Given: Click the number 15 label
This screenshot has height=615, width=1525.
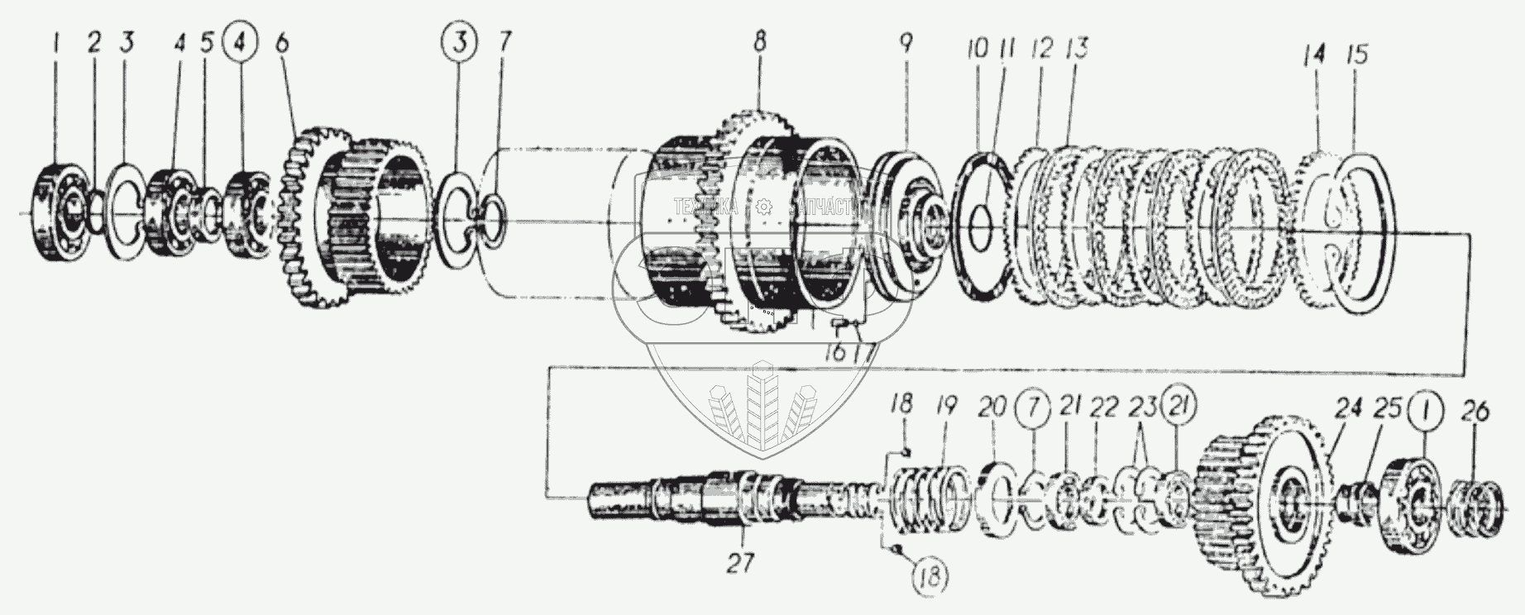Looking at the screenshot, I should pyautogui.click(x=1356, y=56).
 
